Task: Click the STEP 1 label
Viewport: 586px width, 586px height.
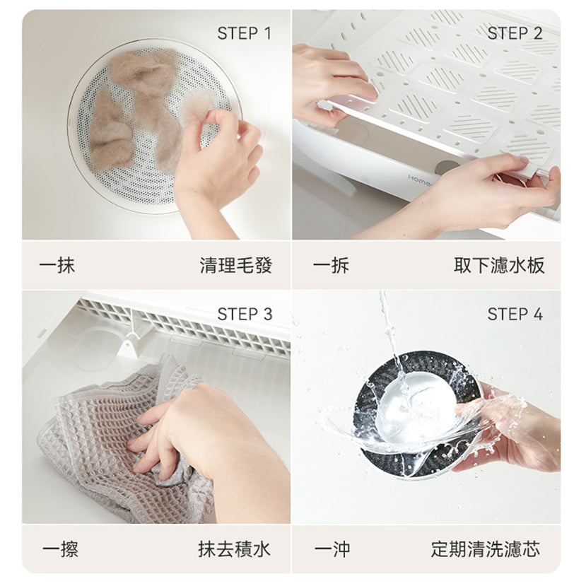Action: pyautogui.click(x=244, y=33)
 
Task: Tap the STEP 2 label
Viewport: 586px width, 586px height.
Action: pyautogui.click(x=515, y=33)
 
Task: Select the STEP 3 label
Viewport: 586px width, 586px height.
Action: pyautogui.click(x=244, y=314)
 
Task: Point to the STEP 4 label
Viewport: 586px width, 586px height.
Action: pyautogui.click(x=515, y=314)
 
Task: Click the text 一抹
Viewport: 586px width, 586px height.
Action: pyautogui.click(x=57, y=266)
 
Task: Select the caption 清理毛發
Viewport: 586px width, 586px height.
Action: pyautogui.click(x=235, y=266)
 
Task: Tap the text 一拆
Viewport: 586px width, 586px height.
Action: pyautogui.click(x=331, y=266)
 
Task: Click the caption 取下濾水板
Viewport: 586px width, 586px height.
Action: pyautogui.click(x=499, y=266)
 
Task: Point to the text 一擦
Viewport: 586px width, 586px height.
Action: pyautogui.click(x=60, y=549)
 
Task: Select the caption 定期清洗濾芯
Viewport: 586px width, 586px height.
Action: pyautogui.click(x=485, y=549)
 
